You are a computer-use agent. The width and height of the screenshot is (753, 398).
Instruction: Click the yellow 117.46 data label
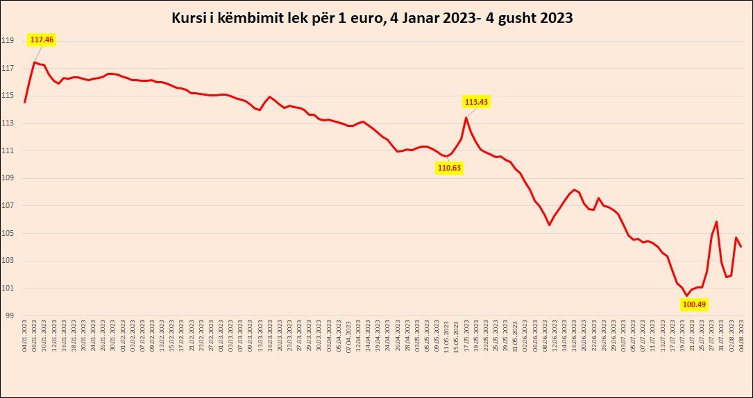pos(42,40)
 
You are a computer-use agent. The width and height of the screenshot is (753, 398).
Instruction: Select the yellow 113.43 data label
pos(477,102)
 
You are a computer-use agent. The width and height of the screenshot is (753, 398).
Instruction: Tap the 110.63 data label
pos(449,167)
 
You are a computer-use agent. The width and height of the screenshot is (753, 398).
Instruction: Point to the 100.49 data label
pos(694,304)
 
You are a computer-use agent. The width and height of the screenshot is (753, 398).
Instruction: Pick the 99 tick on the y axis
pos(9,315)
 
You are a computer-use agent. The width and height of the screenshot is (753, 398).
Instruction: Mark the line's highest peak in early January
pos(35,62)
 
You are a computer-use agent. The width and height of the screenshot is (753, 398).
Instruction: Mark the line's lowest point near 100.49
pos(687,295)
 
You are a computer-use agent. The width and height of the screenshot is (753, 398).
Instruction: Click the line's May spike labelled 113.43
pos(466,118)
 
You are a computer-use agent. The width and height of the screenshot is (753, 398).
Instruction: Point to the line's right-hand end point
pos(741,246)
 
